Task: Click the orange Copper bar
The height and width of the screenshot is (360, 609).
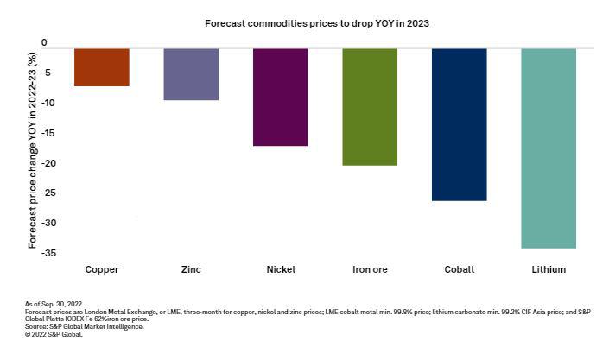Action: coord(102,67)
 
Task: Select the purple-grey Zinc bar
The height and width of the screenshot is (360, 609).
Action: coord(191,74)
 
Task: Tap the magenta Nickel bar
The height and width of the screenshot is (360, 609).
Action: coord(280,97)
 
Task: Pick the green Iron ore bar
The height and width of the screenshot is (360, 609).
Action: coord(370,106)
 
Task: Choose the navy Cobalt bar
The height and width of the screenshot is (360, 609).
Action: coord(459,124)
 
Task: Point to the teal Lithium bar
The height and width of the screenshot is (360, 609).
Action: coord(549,148)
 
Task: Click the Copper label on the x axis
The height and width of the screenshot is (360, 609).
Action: coord(102,269)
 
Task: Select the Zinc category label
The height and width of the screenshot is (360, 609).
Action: coord(191,269)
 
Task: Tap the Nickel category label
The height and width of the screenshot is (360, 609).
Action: coord(280,269)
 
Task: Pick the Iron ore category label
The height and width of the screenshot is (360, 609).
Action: coord(370,269)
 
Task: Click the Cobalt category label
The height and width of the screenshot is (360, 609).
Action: coord(459,269)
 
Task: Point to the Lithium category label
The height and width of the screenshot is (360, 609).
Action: coord(549,269)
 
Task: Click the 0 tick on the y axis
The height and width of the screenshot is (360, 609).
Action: coord(44,42)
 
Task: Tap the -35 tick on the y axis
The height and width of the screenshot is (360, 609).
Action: coord(39,253)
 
